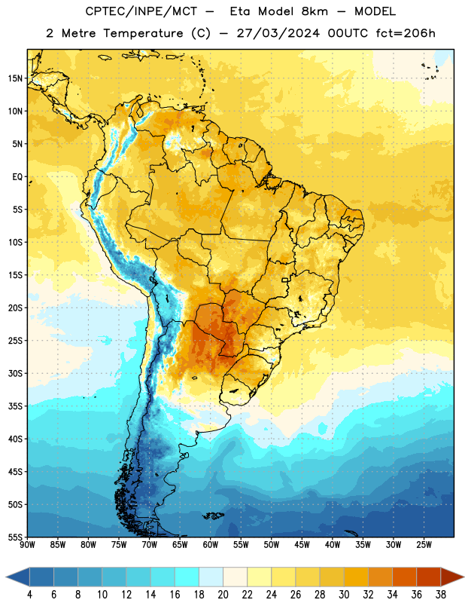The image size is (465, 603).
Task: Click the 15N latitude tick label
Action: (x=15, y=78)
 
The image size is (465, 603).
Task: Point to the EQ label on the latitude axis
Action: (x=17, y=177)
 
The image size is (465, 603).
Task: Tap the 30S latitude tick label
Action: (x=15, y=373)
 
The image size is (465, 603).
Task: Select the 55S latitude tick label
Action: (x=15, y=537)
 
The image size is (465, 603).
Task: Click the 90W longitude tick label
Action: (x=27, y=545)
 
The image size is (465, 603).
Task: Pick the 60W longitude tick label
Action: (x=211, y=545)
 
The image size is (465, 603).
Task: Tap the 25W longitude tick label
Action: (x=424, y=545)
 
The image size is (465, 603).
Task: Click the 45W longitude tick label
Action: (x=302, y=545)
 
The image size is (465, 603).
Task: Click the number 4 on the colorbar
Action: (x=29, y=595)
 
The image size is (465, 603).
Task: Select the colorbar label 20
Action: (x=223, y=595)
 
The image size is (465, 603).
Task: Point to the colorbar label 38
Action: (x=441, y=595)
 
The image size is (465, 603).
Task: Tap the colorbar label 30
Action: (x=344, y=595)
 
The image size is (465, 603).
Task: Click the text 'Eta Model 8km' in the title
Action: (x=278, y=11)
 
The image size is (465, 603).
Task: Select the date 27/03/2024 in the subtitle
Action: (x=278, y=33)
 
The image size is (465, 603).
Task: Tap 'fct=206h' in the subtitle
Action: (x=406, y=33)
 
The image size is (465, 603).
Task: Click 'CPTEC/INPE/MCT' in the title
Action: (x=141, y=11)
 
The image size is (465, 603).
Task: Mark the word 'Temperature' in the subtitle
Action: (x=143, y=33)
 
